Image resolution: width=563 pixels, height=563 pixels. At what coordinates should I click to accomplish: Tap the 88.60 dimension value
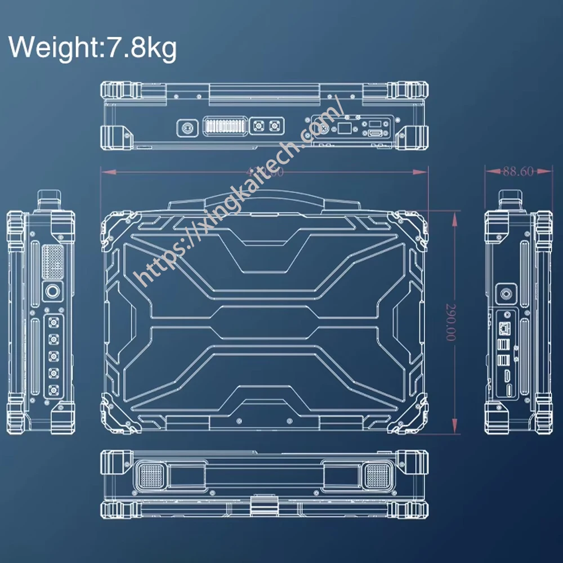click(x=517, y=172)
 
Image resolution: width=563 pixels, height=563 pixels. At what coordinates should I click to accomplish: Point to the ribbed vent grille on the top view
click(x=225, y=126)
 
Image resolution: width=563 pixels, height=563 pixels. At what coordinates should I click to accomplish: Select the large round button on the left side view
click(x=53, y=292)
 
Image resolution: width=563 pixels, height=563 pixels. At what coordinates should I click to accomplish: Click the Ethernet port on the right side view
click(x=505, y=327)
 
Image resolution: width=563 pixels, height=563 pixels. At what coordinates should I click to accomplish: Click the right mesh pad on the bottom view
click(x=378, y=477)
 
